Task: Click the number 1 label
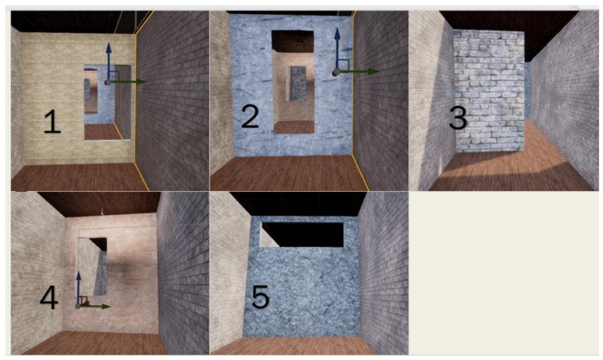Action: click(x=52, y=122)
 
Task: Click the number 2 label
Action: click(x=250, y=116)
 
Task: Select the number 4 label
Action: click(x=49, y=297)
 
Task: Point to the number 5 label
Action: click(x=260, y=296)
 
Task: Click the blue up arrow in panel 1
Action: click(x=108, y=61)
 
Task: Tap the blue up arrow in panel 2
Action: click(x=337, y=49)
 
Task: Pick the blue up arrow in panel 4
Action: click(x=79, y=288)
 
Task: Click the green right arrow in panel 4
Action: click(x=95, y=306)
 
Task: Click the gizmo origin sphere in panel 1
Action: click(x=108, y=82)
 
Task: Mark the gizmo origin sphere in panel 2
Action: click(x=337, y=72)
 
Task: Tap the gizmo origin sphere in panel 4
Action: click(x=78, y=306)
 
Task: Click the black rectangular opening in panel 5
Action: click(x=302, y=234)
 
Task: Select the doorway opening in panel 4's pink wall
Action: click(x=92, y=267)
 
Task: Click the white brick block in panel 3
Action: click(x=489, y=91)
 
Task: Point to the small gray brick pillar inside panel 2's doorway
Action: click(x=297, y=84)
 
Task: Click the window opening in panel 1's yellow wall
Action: click(x=108, y=102)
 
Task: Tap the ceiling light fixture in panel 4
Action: click(x=102, y=212)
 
